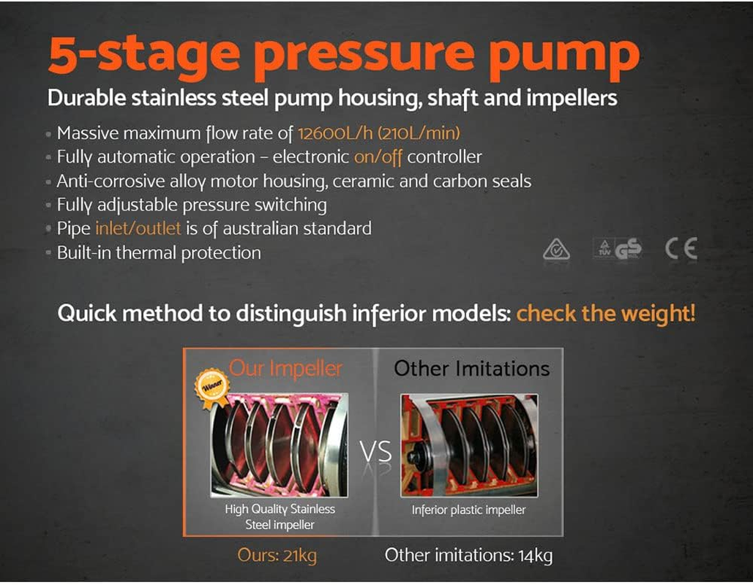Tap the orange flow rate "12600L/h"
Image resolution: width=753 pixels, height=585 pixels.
[x=335, y=133]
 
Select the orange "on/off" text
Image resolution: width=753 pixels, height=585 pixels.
[x=378, y=157]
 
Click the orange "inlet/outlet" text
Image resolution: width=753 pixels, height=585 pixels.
[x=138, y=228]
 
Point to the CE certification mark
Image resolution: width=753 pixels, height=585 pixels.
[x=681, y=249]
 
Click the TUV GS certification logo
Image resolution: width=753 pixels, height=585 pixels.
[x=618, y=249]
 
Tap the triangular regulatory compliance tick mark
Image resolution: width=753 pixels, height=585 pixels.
[x=557, y=249]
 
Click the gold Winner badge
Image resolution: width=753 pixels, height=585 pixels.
[x=211, y=388]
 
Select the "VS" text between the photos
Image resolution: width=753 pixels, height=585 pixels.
[x=375, y=452]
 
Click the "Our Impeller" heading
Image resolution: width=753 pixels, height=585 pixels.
[x=285, y=369]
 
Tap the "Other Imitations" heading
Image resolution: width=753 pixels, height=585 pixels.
[x=471, y=369]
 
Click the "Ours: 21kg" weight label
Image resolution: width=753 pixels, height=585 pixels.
[x=277, y=555]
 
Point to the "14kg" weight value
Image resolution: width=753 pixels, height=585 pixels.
[x=535, y=555]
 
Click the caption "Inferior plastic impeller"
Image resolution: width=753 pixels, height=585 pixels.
[x=468, y=510]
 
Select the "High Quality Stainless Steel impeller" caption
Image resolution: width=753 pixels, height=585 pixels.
[x=280, y=517]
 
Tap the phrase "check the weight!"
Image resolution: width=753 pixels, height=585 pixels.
[x=606, y=314]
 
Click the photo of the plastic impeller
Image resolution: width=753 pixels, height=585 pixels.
[x=469, y=445]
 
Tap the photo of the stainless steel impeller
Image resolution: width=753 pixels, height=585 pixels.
[x=280, y=445]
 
